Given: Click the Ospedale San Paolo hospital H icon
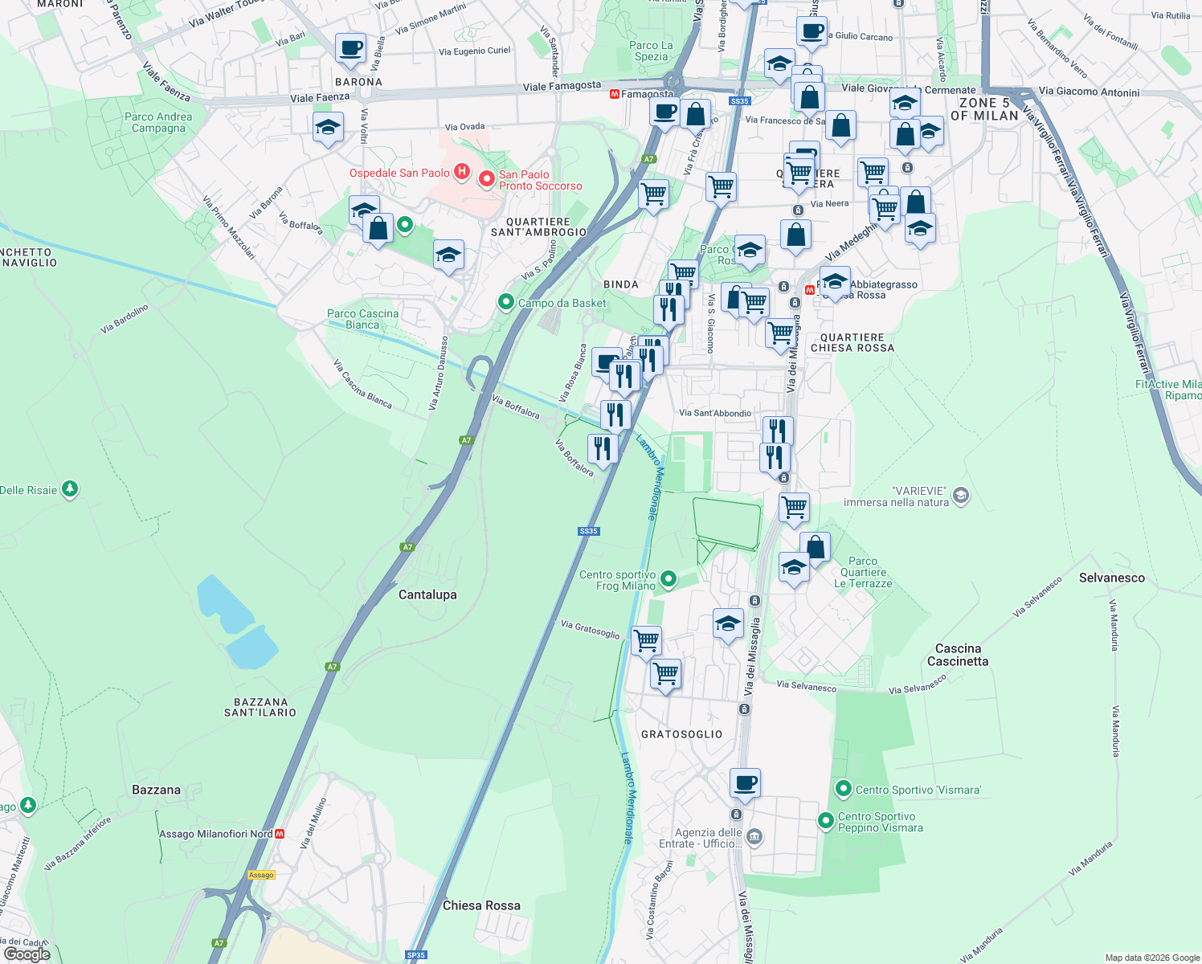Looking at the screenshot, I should pyautogui.click(x=461, y=172).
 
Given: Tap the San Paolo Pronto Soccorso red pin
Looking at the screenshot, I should pyautogui.click(x=486, y=178).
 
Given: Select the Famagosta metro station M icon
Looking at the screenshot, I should pyautogui.click(x=615, y=94).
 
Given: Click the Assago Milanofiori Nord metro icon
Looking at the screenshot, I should pyautogui.click(x=280, y=834).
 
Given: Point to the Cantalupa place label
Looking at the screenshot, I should pyautogui.click(x=427, y=594).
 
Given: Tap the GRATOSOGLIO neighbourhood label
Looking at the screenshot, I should pyautogui.click(x=681, y=734).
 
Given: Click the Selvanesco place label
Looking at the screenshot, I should pyautogui.click(x=1111, y=578).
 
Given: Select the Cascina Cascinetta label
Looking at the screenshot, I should pyautogui.click(x=958, y=655).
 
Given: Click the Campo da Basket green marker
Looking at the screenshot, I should pyautogui.click(x=505, y=302).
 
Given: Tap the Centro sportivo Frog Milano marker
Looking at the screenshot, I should pyautogui.click(x=668, y=578).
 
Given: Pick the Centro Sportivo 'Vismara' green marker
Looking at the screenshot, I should pyautogui.click(x=843, y=789).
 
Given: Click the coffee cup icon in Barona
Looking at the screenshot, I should pyautogui.click(x=350, y=48).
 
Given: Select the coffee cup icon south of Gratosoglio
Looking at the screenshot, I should pyautogui.click(x=745, y=782).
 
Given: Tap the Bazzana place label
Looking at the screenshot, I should pyautogui.click(x=156, y=790).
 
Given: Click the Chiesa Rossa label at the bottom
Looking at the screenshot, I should pyautogui.click(x=481, y=905).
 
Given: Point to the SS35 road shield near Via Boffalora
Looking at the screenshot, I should pyautogui.click(x=588, y=531).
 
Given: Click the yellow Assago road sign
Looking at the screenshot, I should pyautogui.click(x=261, y=875).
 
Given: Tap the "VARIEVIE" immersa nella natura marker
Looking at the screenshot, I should pyautogui.click(x=961, y=496).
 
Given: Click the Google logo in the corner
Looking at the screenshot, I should pyautogui.click(x=27, y=954).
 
